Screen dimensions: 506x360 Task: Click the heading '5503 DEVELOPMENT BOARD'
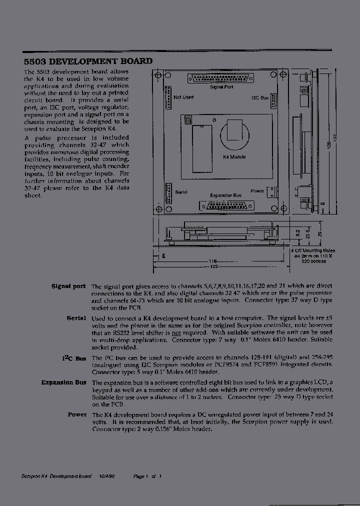coord(88,61)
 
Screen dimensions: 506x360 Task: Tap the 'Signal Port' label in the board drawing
coord(221,87)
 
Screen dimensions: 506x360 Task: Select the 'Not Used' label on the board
coord(183,97)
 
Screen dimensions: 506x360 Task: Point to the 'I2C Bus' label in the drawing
coord(260,98)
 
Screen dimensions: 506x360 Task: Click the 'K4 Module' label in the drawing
coord(234,156)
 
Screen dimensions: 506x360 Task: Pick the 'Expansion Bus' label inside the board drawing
coord(225,195)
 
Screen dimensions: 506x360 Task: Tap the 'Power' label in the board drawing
coord(257,191)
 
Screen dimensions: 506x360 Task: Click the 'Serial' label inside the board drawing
coord(180,192)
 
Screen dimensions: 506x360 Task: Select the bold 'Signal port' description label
coord(68,286)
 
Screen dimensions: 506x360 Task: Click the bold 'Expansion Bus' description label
coord(63,382)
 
